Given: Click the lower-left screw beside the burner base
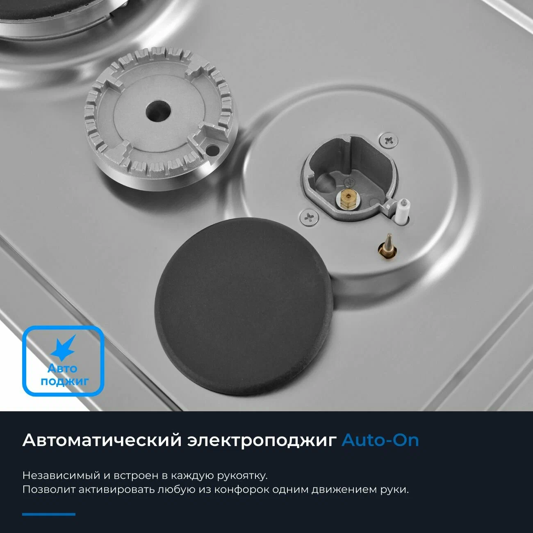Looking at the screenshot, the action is pyautogui.click(x=310, y=217).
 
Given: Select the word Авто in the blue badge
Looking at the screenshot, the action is pyautogui.click(x=62, y=369).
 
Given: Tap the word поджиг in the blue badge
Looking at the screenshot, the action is pyautogui.click(x=64, y=382).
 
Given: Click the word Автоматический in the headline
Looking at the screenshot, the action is pyautogui.click(x=102, y=440).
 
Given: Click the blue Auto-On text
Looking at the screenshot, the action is pyautogui.click(x=380, y=440).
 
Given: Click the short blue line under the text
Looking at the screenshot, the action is pyautogui.click(x=49, y=514).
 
